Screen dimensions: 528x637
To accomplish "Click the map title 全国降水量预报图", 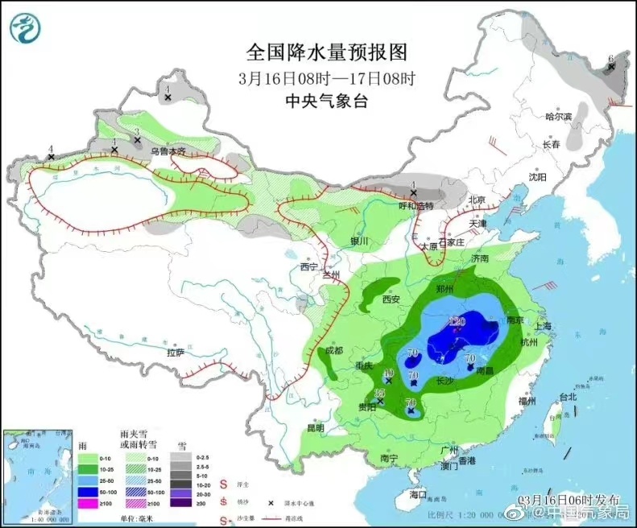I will (326, 53).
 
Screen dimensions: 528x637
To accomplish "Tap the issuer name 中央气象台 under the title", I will (326, 101).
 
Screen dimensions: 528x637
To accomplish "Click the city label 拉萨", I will (176, 353).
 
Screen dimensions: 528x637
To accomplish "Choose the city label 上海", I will (546, 326).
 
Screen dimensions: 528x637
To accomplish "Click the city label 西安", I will (391, 299).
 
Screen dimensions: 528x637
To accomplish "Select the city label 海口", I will (417, 493).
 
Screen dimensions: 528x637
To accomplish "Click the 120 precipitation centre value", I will (457, 320).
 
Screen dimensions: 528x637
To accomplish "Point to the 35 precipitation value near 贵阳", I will (379, 393).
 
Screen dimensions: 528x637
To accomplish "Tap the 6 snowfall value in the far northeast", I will (611, 58).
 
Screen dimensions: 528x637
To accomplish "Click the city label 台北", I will (568, 397).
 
